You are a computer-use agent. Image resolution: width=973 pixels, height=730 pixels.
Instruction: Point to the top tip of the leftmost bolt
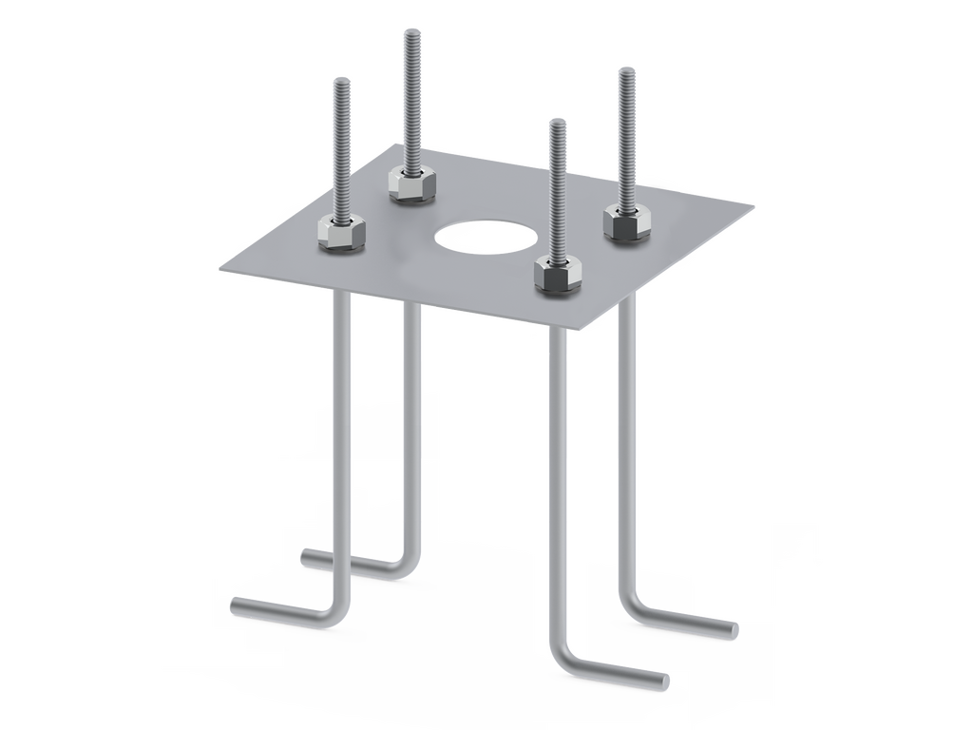click(x=342, y=81)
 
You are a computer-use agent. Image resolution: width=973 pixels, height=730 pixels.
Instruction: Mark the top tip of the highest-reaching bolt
click(x=414, y=30)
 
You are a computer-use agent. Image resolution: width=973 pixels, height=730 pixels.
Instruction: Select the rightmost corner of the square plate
click(x=757, y=203)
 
